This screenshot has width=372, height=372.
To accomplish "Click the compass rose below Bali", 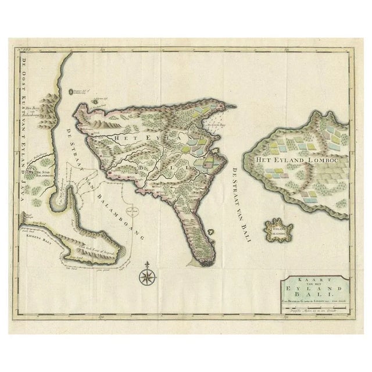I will (x=146, y=274).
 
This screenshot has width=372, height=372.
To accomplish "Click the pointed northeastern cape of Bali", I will (x=233, y=106).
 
